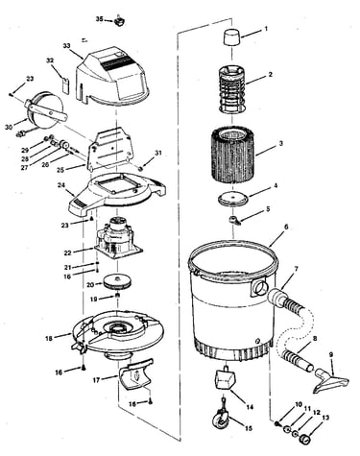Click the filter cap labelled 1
click(232, 37)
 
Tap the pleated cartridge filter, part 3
click(232, 155)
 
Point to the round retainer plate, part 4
click(233, 199)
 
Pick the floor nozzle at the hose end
click(330, 381)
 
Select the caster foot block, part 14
click(225, 378)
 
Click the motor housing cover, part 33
click(112, 78)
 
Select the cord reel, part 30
click(44, 109)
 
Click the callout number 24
click(61, 185)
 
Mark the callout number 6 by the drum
click(286, 227)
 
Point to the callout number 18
click(49, 338)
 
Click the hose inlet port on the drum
click(259, 286)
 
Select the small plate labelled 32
click(65, 85)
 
